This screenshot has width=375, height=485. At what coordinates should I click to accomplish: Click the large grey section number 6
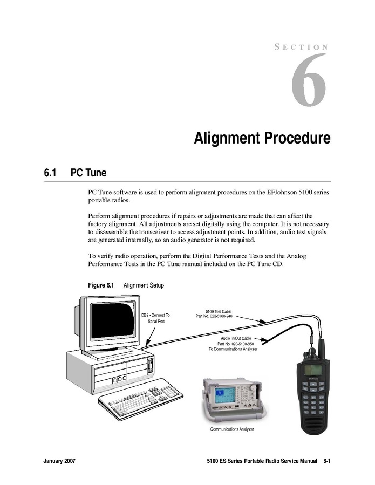coord(308,79)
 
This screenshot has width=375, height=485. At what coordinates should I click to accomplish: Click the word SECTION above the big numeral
coord(301,47)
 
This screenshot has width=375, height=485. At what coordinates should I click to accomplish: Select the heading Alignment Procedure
coord(262,138)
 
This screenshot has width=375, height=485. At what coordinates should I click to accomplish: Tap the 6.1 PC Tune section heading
coord(75,173)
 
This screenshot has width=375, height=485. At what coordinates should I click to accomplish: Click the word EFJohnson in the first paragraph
coord(281,192)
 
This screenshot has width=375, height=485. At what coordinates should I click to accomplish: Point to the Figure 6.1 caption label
coord(101,285)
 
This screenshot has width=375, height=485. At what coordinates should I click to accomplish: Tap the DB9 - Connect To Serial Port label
coord(155,318)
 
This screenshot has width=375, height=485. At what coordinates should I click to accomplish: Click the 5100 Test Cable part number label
coord(214,314)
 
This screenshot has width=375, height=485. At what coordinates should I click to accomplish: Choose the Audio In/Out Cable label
coord(233,344)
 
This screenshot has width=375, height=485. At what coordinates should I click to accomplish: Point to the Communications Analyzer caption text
coord(232,429)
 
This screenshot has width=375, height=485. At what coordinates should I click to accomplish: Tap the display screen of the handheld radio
coord(313,370)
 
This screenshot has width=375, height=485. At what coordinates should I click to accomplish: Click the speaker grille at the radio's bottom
coord(315,423)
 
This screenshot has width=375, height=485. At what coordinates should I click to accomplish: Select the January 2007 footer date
coord(59,461)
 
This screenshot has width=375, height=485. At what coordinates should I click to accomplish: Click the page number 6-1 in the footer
coord(327,461)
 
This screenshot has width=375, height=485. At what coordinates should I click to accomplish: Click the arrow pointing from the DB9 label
coord(151,336)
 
